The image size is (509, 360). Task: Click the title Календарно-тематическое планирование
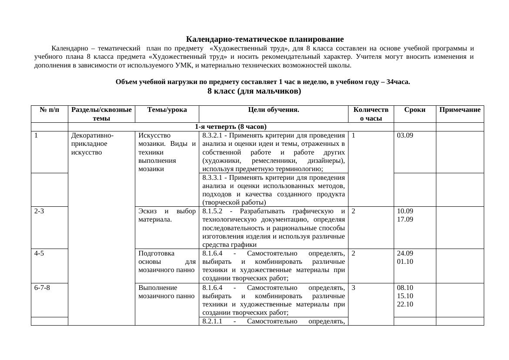point(265,39)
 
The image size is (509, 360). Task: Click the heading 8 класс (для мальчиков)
point(254,91)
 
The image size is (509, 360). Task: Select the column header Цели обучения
point(273,110)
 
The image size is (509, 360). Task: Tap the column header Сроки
point(415,110)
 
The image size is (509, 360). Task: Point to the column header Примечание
point(460,110)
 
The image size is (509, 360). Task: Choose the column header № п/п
point(50,110)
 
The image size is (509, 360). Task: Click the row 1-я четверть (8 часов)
point(231,127)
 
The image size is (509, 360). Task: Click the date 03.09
point(405,135)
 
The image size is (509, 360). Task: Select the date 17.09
point(405,219)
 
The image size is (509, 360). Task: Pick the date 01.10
point(405,262)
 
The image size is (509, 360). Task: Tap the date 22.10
point(405,304)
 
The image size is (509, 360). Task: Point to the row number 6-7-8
point(42,287)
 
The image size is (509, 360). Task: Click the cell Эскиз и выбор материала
point(167,215)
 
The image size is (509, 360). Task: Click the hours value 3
point(353,287)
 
